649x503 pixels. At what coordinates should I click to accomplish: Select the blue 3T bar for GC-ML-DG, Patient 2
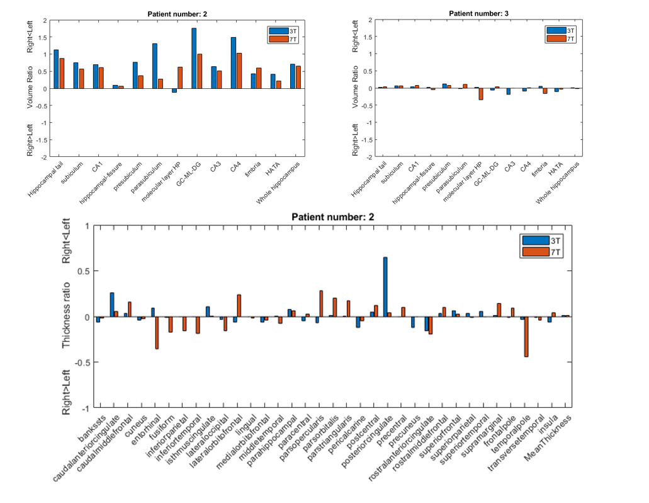(194, 58)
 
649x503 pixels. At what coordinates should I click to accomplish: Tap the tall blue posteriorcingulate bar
(385, 287)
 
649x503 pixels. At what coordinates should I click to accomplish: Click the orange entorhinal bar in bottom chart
(157, 332)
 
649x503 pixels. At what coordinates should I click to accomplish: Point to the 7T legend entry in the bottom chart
(555, 252)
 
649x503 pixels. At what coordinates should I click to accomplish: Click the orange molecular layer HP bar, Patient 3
(481, 94)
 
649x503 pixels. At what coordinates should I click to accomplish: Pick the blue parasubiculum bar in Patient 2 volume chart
(154, 66)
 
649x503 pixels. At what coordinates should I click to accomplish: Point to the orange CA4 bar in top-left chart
(239, 71)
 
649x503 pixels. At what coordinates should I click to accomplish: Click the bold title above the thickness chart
(332, 217)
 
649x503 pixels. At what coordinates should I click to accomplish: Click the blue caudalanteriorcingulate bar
(112, 304)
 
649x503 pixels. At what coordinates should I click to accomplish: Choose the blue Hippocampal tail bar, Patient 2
(56, 69)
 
